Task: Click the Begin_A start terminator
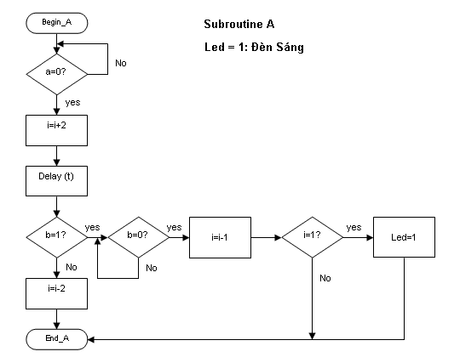(57, 23)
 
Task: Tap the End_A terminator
(57, 339)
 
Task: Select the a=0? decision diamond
(57, 74)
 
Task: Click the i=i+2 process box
(56, 130)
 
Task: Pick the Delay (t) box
(56, 181)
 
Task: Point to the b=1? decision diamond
(57, 237)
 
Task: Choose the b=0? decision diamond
(139, 237)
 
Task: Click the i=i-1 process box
(220, 237)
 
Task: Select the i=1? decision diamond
(312, 237)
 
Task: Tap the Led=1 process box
(404, 237)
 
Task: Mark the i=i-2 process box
(56, 293)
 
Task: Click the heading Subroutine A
(239, 24)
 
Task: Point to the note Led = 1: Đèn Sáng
(254, 47)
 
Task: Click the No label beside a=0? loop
(121, 63)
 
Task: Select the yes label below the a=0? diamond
(72, 103)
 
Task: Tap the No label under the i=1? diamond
(325, 278)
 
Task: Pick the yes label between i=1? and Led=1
(354, 228)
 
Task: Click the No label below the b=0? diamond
(152, 268)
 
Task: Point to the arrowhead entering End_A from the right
(91, 339)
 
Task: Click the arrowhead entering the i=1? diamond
(278, 237)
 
